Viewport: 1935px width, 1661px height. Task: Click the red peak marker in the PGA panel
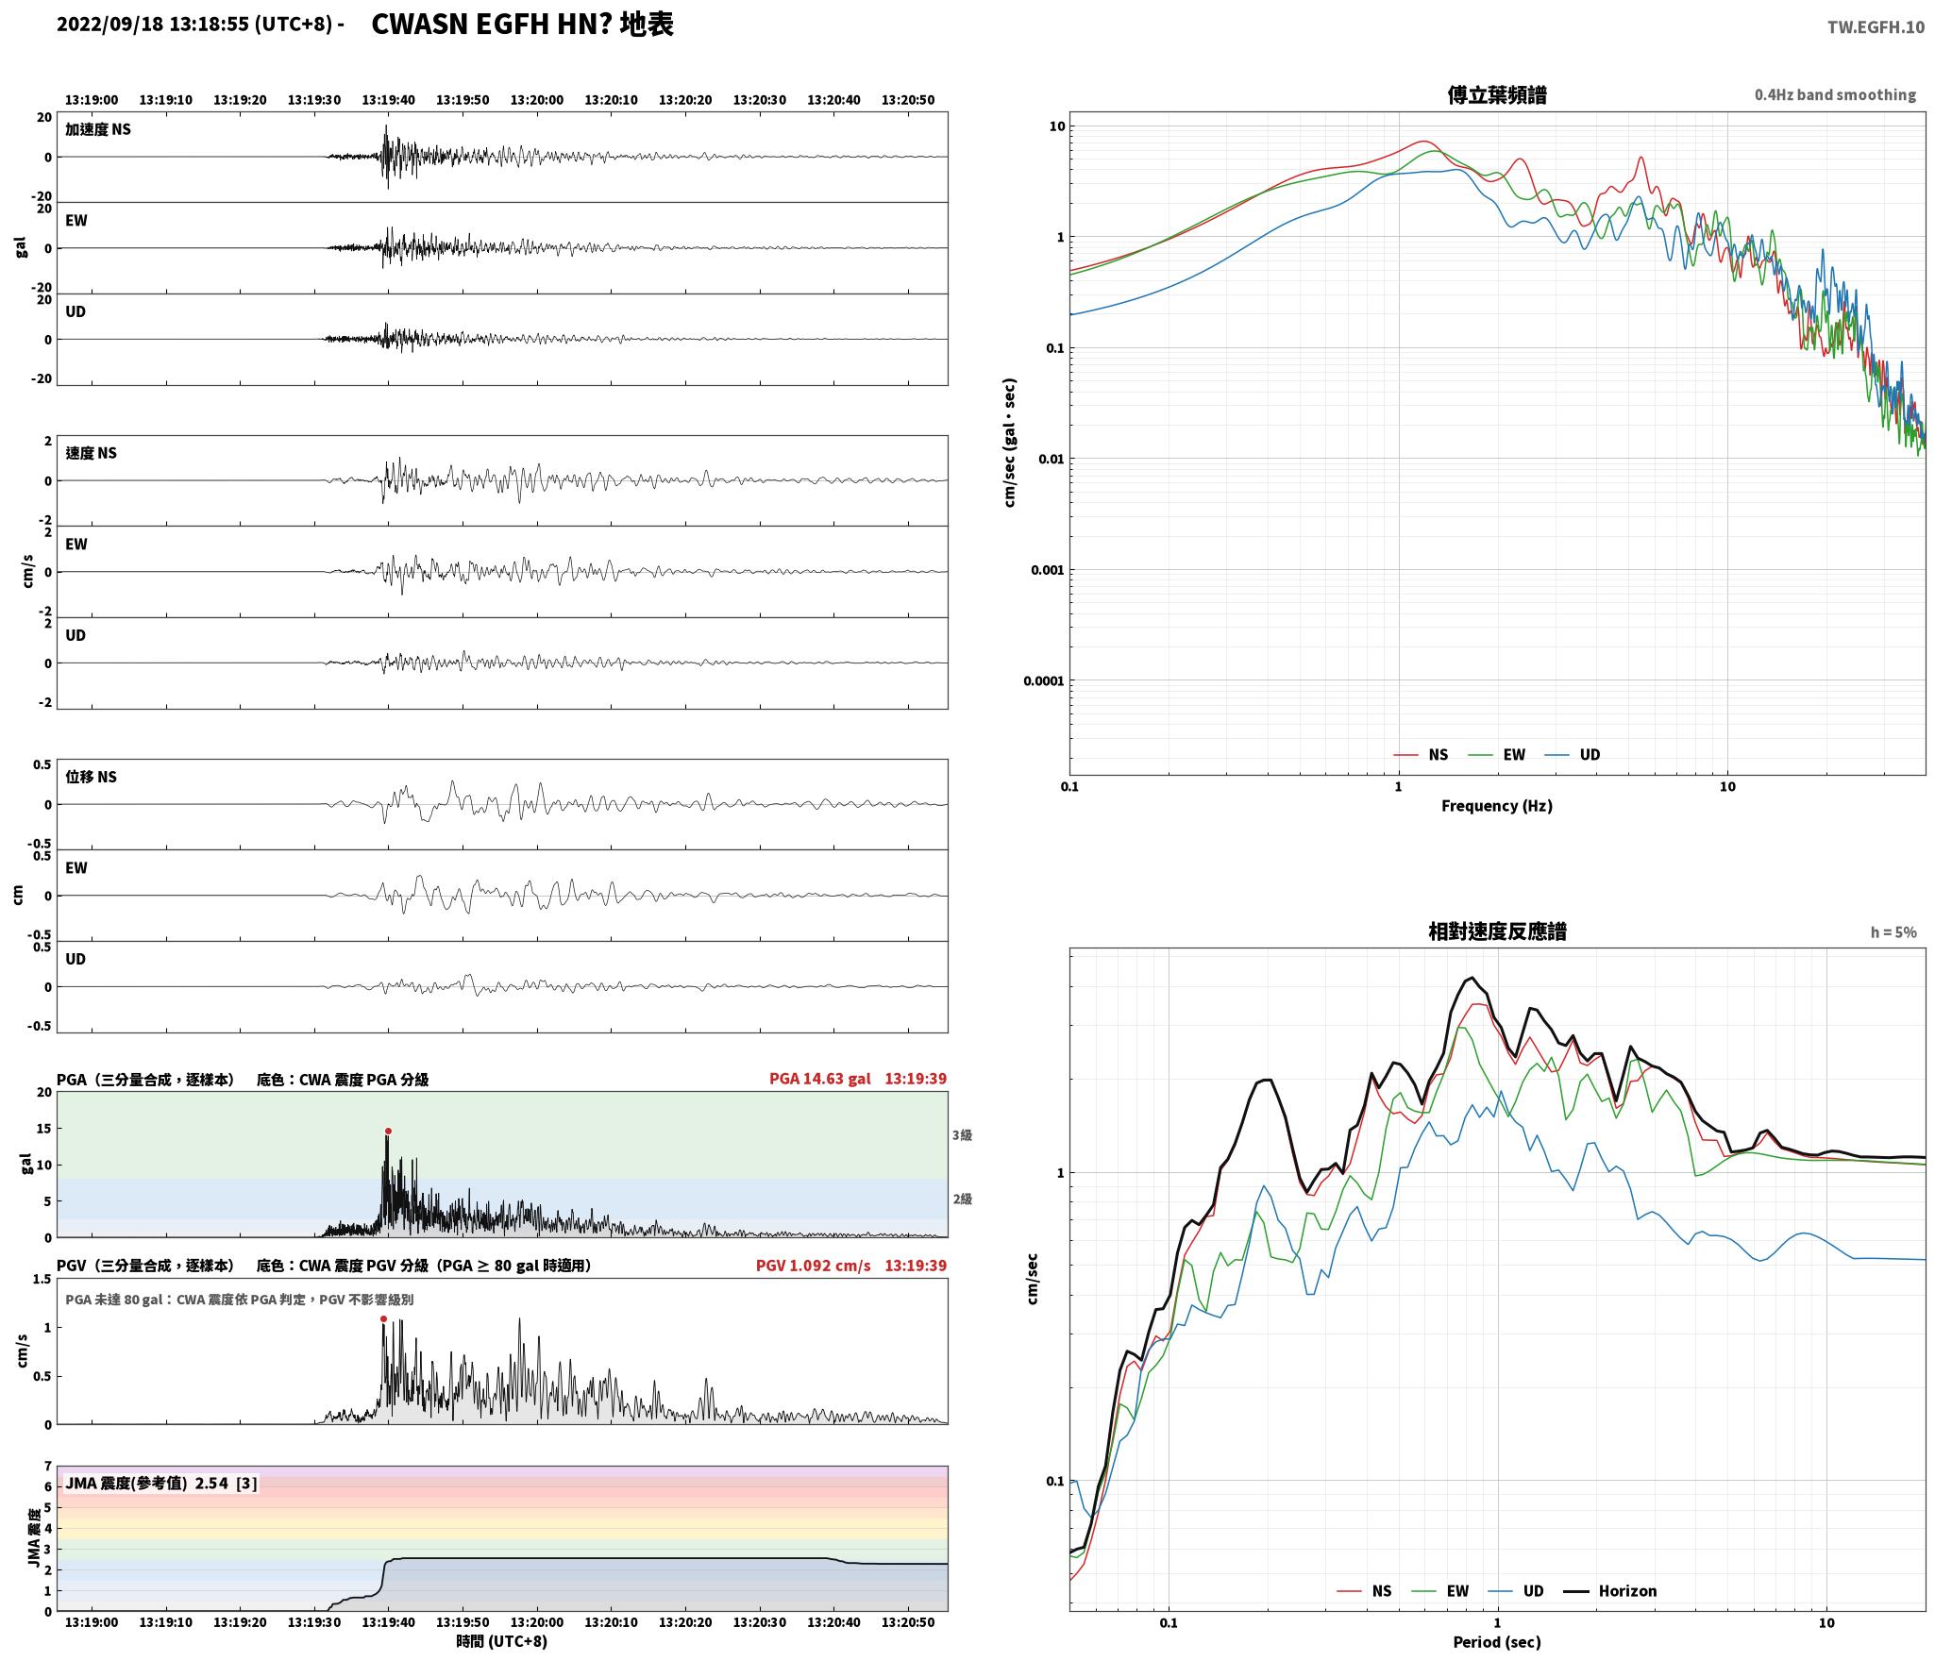pyautogui.click(x=388, y=1131)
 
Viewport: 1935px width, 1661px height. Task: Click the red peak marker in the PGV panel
pyautogui.click(x=383, y=1318)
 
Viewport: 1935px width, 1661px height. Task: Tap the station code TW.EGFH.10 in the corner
pyautogui.click(x=1876, y=27)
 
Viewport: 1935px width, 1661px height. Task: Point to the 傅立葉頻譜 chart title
pyautogui.click(x=1497, y=94)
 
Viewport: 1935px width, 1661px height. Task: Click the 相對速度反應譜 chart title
pyautogui.click(x=1497, y=931)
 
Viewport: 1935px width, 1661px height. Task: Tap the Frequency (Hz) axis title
pyautogui.click(x=1497, y=805)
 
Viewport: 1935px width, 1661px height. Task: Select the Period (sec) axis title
pyautogui.click(x=1497, y=1642)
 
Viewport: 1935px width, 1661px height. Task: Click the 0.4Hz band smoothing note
pyautogui.click(x=1835, y=94)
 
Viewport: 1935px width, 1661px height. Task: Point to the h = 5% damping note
pyautogui.click(x=1893, y=932)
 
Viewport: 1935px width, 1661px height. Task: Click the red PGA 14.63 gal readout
pyautogui.click(x=820, y=1079)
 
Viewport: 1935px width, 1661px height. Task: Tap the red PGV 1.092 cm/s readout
pyautogui.click(x=814, y=1266)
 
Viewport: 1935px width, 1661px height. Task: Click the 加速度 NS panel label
pyautogui.click(x=98, y=129)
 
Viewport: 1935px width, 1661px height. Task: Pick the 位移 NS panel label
pyautogui.click(x=92, y=777)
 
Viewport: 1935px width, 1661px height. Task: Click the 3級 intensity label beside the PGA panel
pyautogui.click(x=962, y=1135)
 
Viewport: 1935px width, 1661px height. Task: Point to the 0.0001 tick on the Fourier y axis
pyautogui.click(x=1044, y=680)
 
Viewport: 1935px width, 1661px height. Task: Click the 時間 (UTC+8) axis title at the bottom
pyautogui.click(x=502, y=1641)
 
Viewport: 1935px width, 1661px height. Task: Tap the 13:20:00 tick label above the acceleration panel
pyautogui.click(x=537, y=100)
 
